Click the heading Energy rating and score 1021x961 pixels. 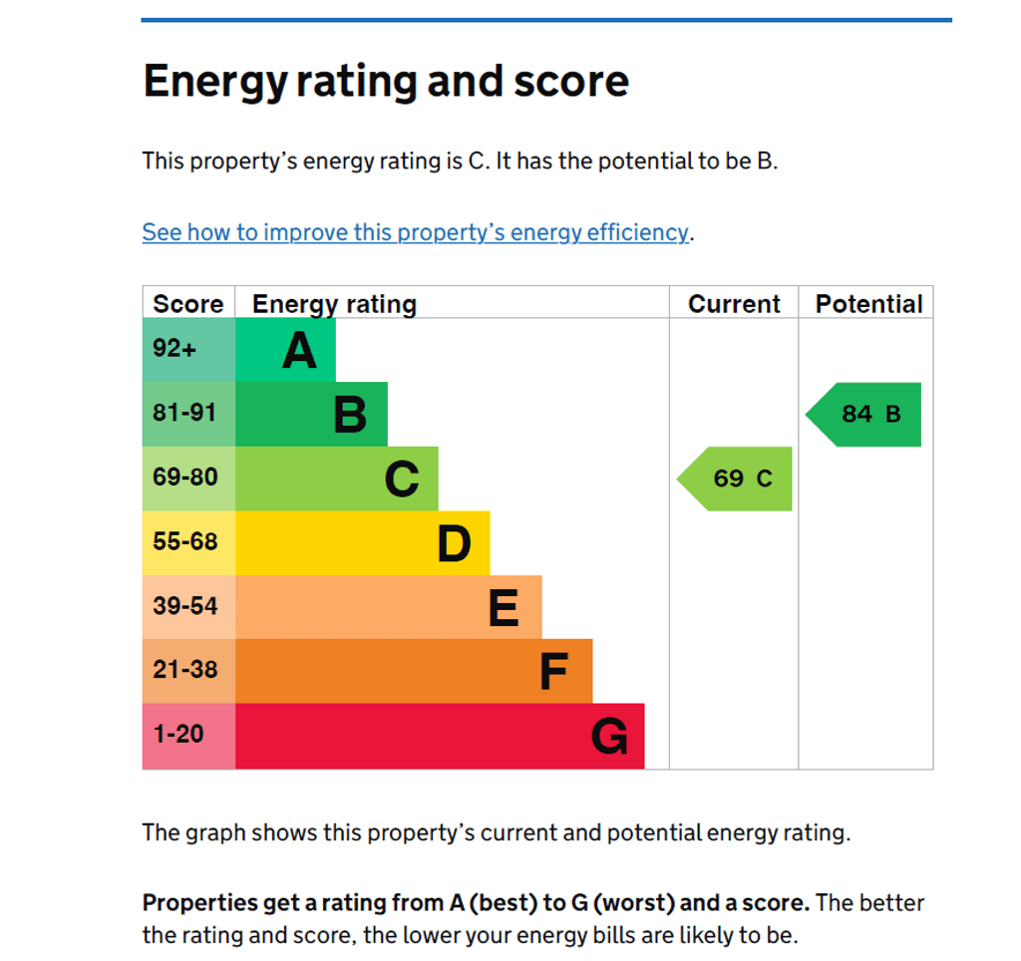386,81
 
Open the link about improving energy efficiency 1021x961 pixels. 415,232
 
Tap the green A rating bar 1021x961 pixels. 285,350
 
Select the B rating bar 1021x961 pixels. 311,414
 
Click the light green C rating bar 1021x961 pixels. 337,479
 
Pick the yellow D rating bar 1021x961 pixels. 362,543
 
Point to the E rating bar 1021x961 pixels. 388,607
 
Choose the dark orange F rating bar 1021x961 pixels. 414,671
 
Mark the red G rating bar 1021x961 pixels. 440,736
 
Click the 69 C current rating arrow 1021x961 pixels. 737,479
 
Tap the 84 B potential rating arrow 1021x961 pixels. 865,414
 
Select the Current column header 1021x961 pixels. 734,304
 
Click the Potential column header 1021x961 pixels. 868,304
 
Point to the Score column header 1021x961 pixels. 188,304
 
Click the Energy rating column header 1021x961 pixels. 334,304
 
